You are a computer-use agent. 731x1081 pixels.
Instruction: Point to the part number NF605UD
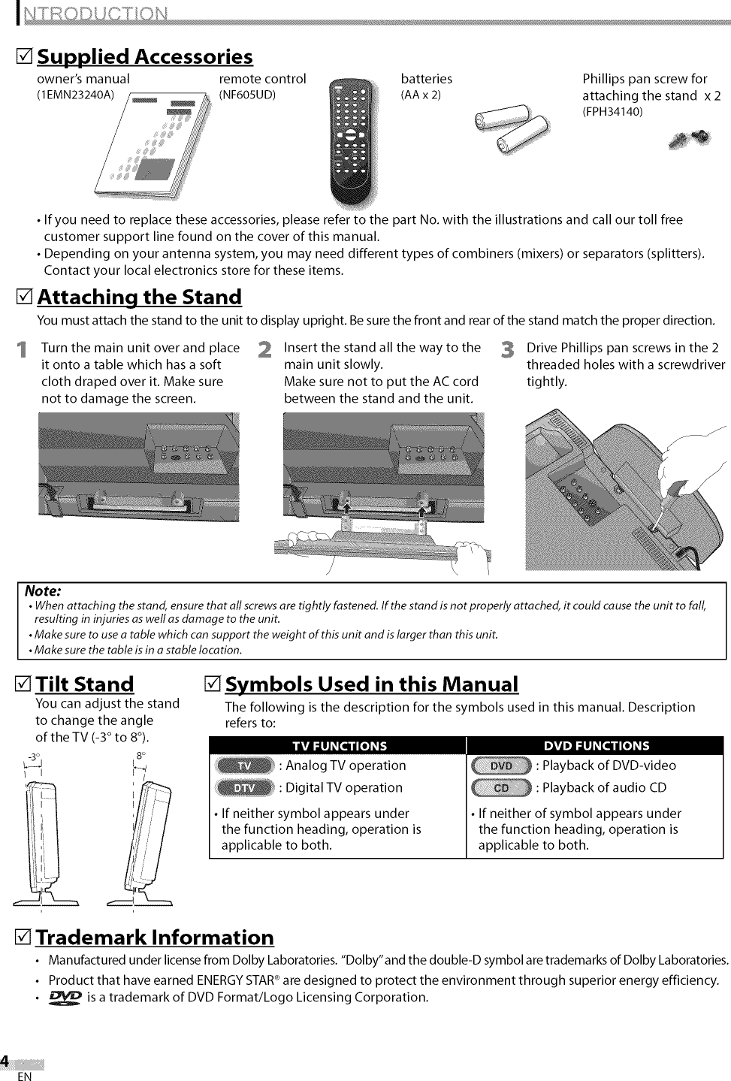247,95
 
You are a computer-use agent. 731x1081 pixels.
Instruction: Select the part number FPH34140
612,112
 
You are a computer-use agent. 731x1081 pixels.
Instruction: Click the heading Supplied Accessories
145,57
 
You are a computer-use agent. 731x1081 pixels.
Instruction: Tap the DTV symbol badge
245,787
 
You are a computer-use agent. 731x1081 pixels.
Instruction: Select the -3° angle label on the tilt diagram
32,756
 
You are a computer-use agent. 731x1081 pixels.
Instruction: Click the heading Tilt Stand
85,684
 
